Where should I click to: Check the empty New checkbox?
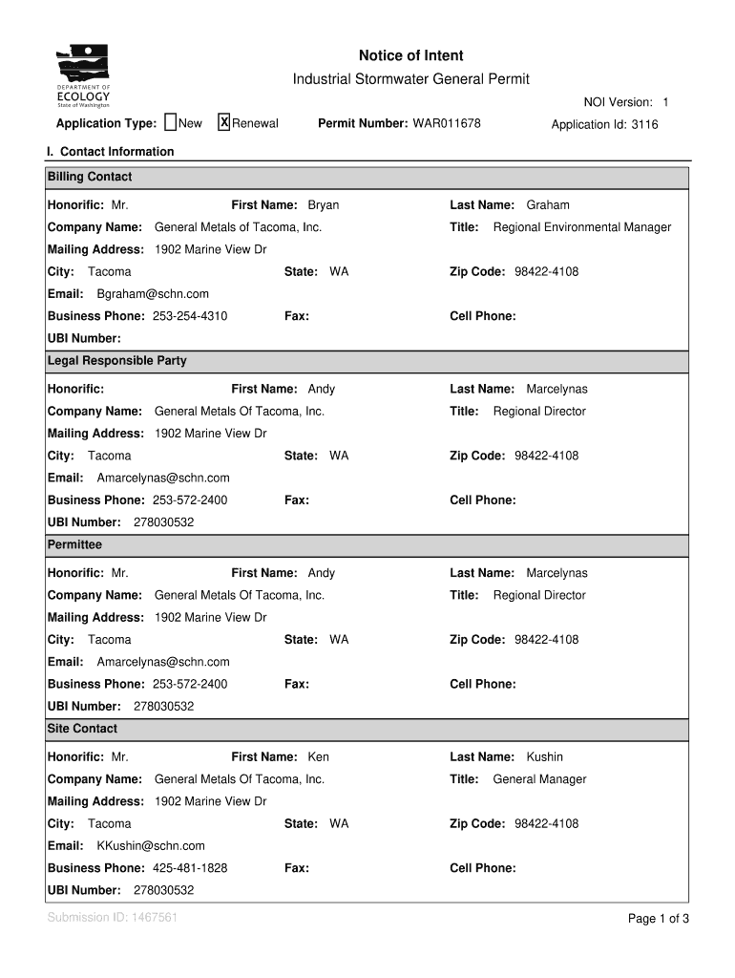click(170, 122)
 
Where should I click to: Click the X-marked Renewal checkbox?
click(224, 122)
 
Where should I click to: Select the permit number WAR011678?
click(446, 124)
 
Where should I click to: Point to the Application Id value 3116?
click(644, 125)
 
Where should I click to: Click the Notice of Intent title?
click(410, 56)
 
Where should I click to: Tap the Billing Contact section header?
click(90, 177)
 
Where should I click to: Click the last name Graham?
click(548, 205)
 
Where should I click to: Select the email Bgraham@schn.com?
click(153, 294)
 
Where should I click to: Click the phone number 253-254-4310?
click(190, 316)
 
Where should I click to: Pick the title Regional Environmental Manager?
click(581, 227)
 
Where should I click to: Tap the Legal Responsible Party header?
click(117, 361)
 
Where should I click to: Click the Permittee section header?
click(74, 544)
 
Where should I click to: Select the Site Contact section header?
click(82, 729)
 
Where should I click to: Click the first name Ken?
click(318, 757)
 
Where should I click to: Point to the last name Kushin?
click(545, 757)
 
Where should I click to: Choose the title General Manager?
click(539, 779)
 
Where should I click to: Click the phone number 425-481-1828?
click(190, 868)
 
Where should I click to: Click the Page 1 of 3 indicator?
click(658, 919)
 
